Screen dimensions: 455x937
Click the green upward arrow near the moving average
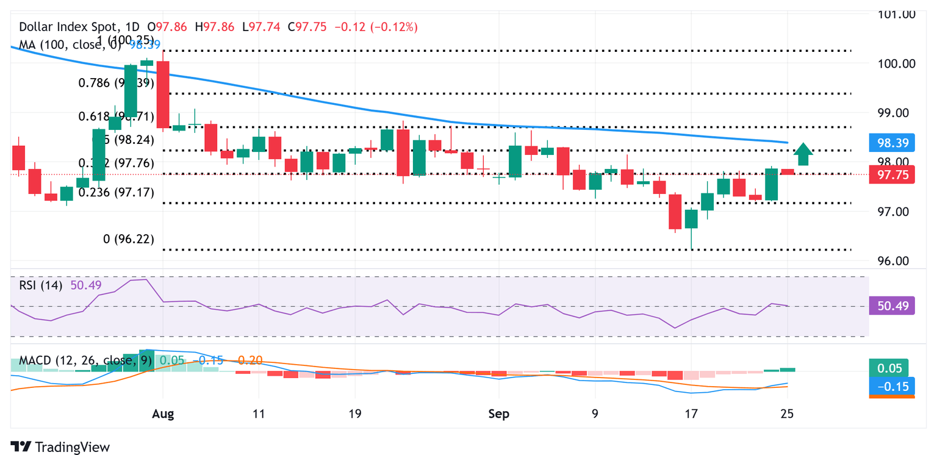803,154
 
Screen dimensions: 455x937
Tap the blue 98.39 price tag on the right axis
892,143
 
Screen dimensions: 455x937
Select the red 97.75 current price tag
892,174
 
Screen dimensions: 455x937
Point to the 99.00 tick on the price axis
892,113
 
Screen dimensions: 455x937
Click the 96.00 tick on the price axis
892,261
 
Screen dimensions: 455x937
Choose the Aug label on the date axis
163,414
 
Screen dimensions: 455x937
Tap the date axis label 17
691,414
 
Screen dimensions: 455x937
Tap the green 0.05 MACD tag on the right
888,368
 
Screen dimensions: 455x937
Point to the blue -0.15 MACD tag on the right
892,386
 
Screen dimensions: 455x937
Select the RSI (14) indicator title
40,285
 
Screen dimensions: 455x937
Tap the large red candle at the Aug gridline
163,94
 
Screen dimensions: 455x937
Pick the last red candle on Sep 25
788,172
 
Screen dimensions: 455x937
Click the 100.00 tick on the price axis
892,63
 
